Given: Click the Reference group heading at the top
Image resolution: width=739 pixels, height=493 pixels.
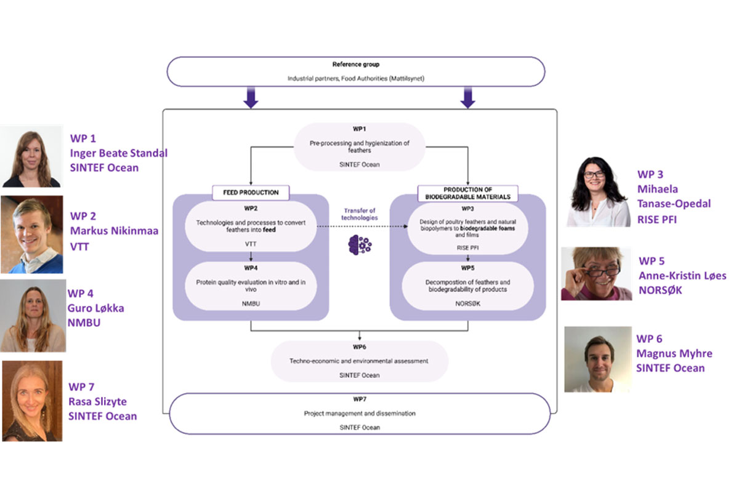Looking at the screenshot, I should [x=355, y=64].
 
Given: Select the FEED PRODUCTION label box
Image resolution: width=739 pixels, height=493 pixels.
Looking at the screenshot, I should [x=250, y=191].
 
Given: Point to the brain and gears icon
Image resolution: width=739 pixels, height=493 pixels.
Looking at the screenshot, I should [x=360, y=244].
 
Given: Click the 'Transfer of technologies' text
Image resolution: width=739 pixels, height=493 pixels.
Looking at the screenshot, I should [x=360, y=215].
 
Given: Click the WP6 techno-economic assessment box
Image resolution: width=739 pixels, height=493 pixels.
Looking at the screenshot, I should [x=360, y=360].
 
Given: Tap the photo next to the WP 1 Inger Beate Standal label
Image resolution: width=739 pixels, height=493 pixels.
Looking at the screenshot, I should [x=31, y=156].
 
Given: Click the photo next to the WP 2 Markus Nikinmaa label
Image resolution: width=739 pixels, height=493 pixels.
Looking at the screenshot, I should [x=31, y=234].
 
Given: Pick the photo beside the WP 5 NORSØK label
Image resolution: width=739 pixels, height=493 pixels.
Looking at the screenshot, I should [x=596, y=274].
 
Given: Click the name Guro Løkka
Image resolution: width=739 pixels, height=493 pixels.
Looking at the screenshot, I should [x=95, y=307].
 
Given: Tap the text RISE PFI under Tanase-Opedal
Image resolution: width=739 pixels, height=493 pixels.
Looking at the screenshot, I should [x=657, y=219].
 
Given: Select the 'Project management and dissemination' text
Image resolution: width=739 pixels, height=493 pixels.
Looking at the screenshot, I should [x=360, y=414].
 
